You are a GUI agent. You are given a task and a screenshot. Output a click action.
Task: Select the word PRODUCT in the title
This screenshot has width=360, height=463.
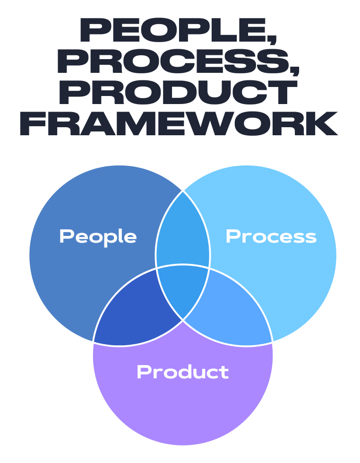point(179,93)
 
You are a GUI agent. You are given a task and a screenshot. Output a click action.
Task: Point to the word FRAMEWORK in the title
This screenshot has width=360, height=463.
point(179,124)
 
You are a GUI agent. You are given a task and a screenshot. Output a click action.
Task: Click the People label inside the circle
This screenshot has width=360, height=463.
point(98,236)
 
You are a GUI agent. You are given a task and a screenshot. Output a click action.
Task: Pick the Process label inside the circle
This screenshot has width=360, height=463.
point(271,236)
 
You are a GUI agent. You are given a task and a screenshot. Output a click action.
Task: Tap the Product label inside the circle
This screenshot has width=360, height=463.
point(182,372)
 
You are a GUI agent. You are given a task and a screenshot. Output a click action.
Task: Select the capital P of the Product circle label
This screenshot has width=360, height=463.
point(143,372)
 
